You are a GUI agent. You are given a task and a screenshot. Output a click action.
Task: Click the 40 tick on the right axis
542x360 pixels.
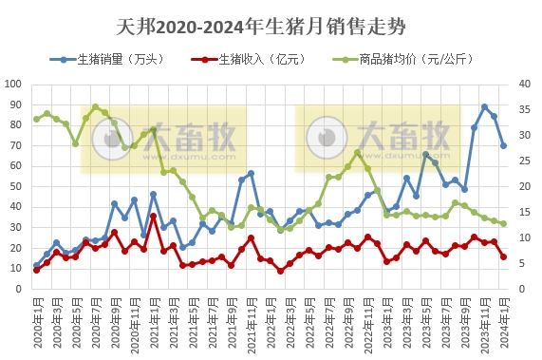(523, 84)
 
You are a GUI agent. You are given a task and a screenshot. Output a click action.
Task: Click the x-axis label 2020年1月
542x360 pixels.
(36, 323)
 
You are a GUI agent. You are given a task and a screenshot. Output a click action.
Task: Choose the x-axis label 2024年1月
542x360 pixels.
(503, 323)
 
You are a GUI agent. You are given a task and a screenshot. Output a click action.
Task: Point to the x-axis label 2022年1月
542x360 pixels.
(270, 323)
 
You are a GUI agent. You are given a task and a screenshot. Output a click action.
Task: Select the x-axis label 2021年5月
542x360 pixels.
(192, 323)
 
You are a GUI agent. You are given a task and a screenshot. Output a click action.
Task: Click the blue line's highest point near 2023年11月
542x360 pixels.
(484, 107)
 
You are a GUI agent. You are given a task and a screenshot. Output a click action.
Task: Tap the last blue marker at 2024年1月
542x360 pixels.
(503, 145)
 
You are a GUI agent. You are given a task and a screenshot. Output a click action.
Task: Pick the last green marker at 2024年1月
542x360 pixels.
(503, 223)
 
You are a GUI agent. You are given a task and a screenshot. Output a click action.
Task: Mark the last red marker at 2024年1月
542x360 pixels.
(503, 256)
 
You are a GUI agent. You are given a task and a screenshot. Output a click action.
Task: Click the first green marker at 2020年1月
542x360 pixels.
(36, 119)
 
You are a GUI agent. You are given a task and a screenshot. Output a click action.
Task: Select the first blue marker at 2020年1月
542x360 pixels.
(36, 265)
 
